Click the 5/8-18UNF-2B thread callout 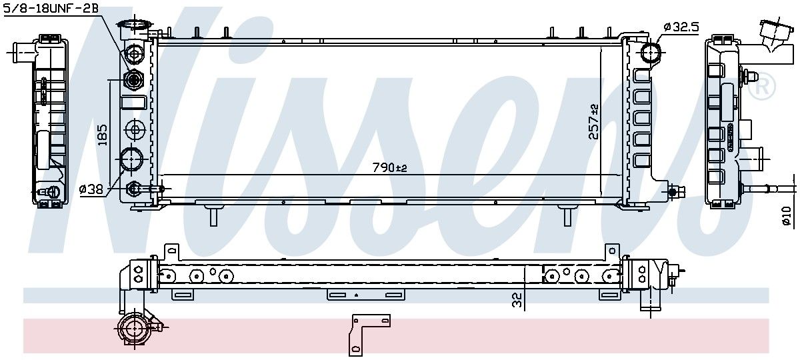point(51,9)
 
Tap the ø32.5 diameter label point(681,27)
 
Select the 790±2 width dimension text point(389,167)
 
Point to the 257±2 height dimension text point(594,121)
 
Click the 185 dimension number point(102,135)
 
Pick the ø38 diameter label point(91,189)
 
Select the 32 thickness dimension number point(517,300)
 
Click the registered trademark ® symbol point(761,87)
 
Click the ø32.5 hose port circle point(651,53)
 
